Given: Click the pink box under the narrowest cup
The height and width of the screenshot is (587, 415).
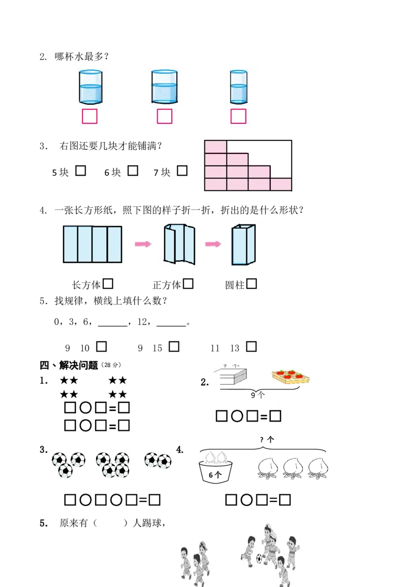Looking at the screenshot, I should tap(239, 117).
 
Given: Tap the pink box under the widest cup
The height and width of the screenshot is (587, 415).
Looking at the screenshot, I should tap(164, 117).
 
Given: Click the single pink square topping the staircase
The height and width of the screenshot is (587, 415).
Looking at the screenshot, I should tap(216, 147).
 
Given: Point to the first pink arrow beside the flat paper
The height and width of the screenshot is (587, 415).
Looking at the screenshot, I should tap(143, 244).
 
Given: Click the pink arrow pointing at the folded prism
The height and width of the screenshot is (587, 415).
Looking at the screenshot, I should tap(213, 244).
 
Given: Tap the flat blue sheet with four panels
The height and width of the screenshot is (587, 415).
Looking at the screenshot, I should tap(92, 244).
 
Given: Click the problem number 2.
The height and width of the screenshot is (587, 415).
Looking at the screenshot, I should tap(204, 383).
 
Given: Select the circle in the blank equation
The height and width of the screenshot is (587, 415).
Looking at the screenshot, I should tap(237, 416).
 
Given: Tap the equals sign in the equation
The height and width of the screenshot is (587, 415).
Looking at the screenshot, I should tap(264, 416).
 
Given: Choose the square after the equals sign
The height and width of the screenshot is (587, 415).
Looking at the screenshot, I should tap(275, 416).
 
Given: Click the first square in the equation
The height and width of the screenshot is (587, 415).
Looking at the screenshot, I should tap(222, 416).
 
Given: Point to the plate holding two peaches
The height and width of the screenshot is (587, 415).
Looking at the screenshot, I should tap(215, 458).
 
